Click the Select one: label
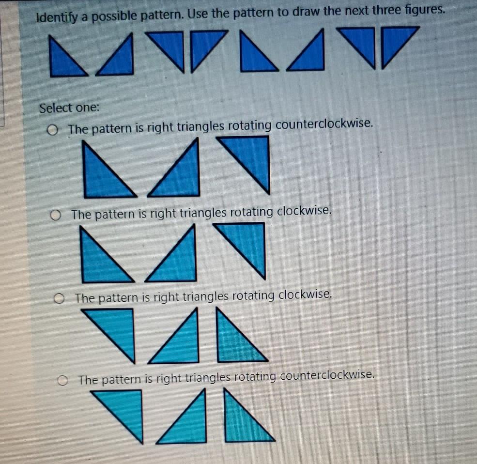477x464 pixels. tap(69, 108)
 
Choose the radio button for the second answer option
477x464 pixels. tap(57, 215)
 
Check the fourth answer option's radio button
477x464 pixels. tap(63, 381)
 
